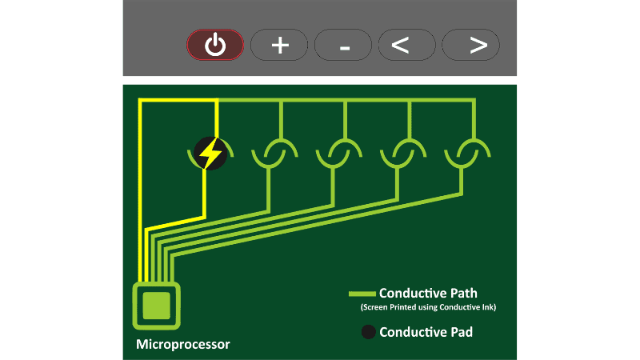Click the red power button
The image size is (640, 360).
(x=214, y=45)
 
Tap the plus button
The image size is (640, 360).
(x=279, y=46)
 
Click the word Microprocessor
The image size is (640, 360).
(x=182, y=345)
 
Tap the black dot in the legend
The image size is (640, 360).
(x=368, y=331)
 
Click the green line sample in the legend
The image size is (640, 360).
(x=362, y=293)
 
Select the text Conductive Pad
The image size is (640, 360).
(x=426, y=331)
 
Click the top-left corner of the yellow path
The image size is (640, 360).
(x=141, y=101)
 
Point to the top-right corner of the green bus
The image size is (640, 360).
(x=474, y=101)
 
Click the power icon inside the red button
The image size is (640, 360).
(x=214, y=45)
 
